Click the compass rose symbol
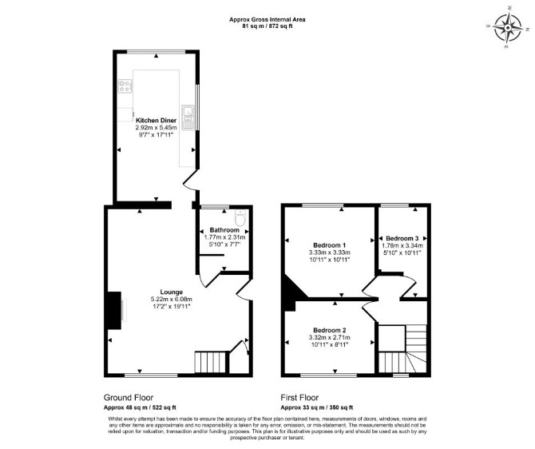tap(509, 27)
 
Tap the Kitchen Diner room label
tap(156, 120)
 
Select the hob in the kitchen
tap(125, 85)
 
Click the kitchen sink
tap(188, 117)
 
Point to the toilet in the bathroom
tap(240, 218)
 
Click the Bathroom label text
tap(224, 230)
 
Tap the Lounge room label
tap(172, 292)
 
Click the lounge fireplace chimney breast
tap(114, 310)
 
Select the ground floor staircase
tap(210, 362)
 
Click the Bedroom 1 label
tap(330, 245)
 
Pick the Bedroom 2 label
tap(330, 330)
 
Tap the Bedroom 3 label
tap(402, 238)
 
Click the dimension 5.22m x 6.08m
tap(172, 299)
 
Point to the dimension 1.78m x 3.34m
tap(402, 245)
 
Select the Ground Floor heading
tap(129, 397)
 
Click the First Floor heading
tap(299, 397)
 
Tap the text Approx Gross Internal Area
tap(267, 19)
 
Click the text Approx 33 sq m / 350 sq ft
tap(317, 407)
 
